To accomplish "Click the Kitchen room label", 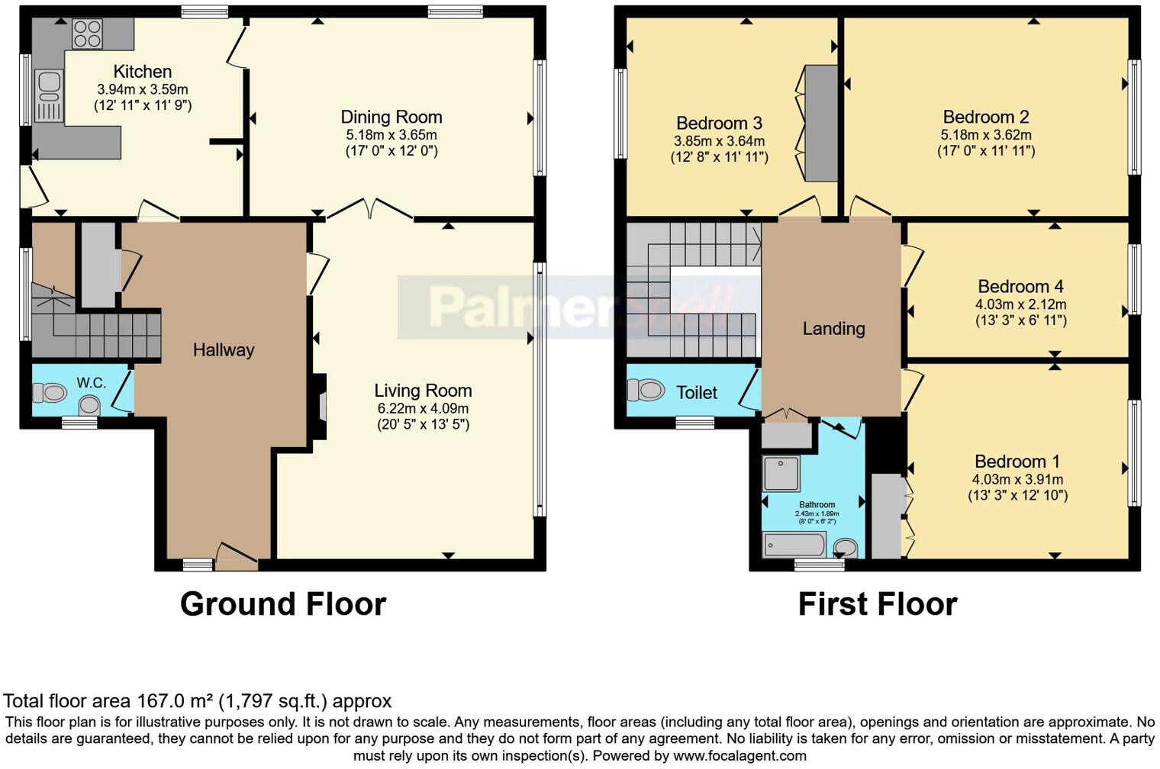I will pyautogui.click(x=142, y=72).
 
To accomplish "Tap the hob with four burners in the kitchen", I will pyautogui.click(x=87, y=34).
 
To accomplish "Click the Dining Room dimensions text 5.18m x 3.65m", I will pyautogui.click(x=391, y=135).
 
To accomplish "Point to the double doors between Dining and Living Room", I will pyautogui.click(x=370, y=209).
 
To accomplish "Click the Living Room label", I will pyautogui.click(x=423, y=391).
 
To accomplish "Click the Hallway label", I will pyautogui.click(x=223, y=350).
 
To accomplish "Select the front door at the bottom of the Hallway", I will pyautogui.click(x=237, y=556).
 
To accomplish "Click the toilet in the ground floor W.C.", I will pyautogui.click(x=50, y=393).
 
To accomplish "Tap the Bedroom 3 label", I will pyautogui.click(x=719, y=124).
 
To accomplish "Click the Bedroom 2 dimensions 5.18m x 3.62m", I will pyautogui.click(x=986, y=135).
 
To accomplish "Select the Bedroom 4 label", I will pyautogui.click(x=1020, y=287).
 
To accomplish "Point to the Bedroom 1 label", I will pyautogui.click(x=1017, y=462).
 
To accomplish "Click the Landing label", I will pyautogui.click(x=833, y=329).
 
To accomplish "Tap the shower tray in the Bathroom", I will pyautogui.click(x=781, y=473).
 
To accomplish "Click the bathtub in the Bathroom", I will pyautogui.click(x=794, y=545).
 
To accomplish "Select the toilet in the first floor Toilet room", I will pyautogui.click(x=646, y=390).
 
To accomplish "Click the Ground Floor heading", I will pyautogui.click(x=282, y=604).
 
